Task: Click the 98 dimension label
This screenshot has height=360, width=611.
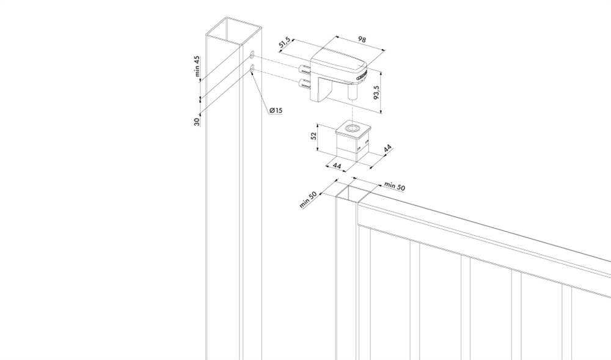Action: (362, 40)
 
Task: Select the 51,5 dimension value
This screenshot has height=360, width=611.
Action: (285, 42)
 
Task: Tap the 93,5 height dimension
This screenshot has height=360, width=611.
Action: (376, 92)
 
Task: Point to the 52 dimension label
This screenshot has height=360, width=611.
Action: (314, 136)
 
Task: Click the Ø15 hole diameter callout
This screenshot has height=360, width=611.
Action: (276, 111)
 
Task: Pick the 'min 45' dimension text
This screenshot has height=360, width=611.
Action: (197, 66)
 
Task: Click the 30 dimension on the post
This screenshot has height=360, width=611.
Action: (197, 122)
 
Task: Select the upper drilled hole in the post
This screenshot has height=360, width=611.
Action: (252, 54)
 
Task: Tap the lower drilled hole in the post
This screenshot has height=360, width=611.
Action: (252, 69)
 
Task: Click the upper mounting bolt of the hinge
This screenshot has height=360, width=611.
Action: (304, 70)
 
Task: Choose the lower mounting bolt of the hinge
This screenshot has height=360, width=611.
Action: (304, 84)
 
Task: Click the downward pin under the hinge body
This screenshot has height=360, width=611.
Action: (353, 92)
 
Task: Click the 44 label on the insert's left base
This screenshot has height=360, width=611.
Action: (337, 166)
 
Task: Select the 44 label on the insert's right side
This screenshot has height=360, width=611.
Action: (388, 149)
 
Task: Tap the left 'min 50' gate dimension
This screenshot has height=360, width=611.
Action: (308, 200)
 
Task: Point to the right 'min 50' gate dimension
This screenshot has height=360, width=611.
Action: (395, 186)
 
